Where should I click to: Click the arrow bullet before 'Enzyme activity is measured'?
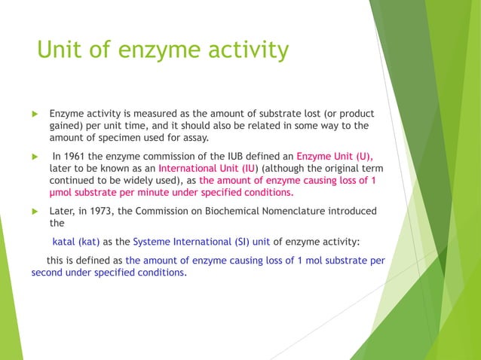tap(34, 114)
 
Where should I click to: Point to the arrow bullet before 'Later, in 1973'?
tap(34, 211)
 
